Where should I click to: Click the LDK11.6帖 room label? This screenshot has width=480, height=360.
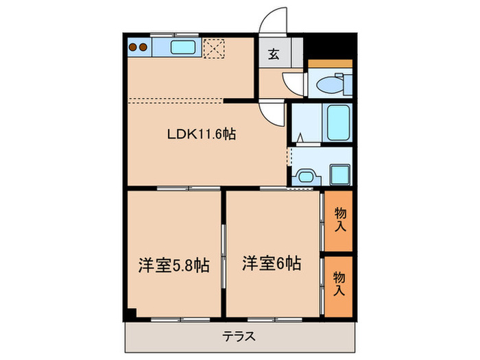(x=202, y=134)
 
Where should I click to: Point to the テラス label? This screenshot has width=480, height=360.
(x=239, y=337)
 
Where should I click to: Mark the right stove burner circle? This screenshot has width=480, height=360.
(x=145, y=48)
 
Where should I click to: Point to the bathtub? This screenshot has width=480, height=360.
(x=338, y=122)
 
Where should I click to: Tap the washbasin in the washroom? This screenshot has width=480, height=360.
(x=303, y=176)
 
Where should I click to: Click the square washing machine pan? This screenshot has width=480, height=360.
(x=339, y=174)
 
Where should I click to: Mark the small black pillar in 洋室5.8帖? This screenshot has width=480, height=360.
(x=131, y=314)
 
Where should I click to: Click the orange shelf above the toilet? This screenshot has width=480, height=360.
(x=330, y=64)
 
